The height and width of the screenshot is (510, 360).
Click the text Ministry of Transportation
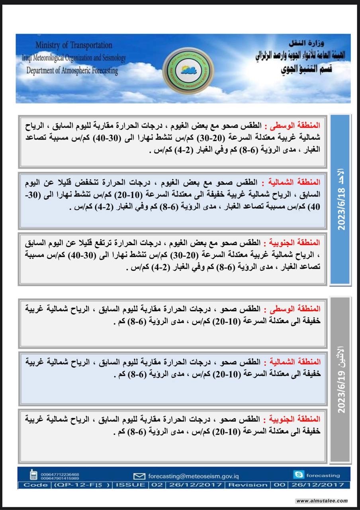click(73, 45)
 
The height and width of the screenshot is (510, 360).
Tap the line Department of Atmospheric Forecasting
click(72, 71)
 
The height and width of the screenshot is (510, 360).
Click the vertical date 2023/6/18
click(341, 199)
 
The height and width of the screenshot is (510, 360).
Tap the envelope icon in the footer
click(139, 476)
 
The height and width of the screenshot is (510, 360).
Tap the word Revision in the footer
click(248, 485)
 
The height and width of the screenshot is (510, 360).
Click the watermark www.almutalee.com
click(322, 501)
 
